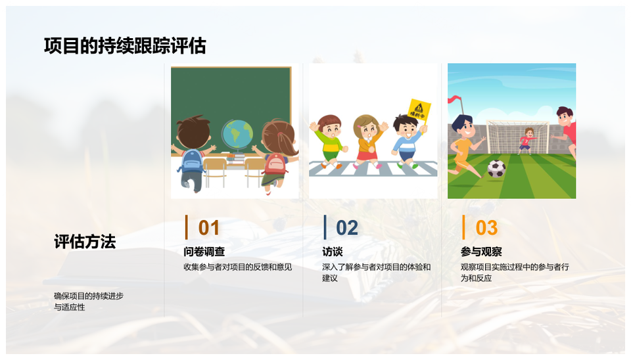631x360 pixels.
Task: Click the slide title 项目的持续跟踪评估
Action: point(125,46)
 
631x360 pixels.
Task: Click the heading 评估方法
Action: point(85,242)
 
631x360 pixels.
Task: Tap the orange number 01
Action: point(209,228)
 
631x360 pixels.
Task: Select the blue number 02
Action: point(347,228)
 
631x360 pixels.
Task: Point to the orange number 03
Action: point(486,228)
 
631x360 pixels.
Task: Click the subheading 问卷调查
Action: point(204,252)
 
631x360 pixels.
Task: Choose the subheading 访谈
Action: point(333,252)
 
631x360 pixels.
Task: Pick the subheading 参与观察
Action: point(481,252)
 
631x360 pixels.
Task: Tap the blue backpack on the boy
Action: point(192,161)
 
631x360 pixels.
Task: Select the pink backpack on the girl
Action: point(275,164)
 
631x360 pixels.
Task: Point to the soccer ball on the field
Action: point(497,169)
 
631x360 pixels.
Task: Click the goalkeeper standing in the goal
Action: point(526,141)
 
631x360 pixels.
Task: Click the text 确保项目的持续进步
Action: point(89,296)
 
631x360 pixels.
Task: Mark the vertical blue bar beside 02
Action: point(325,227)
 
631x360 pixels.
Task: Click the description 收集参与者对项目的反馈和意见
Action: point(238,267)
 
